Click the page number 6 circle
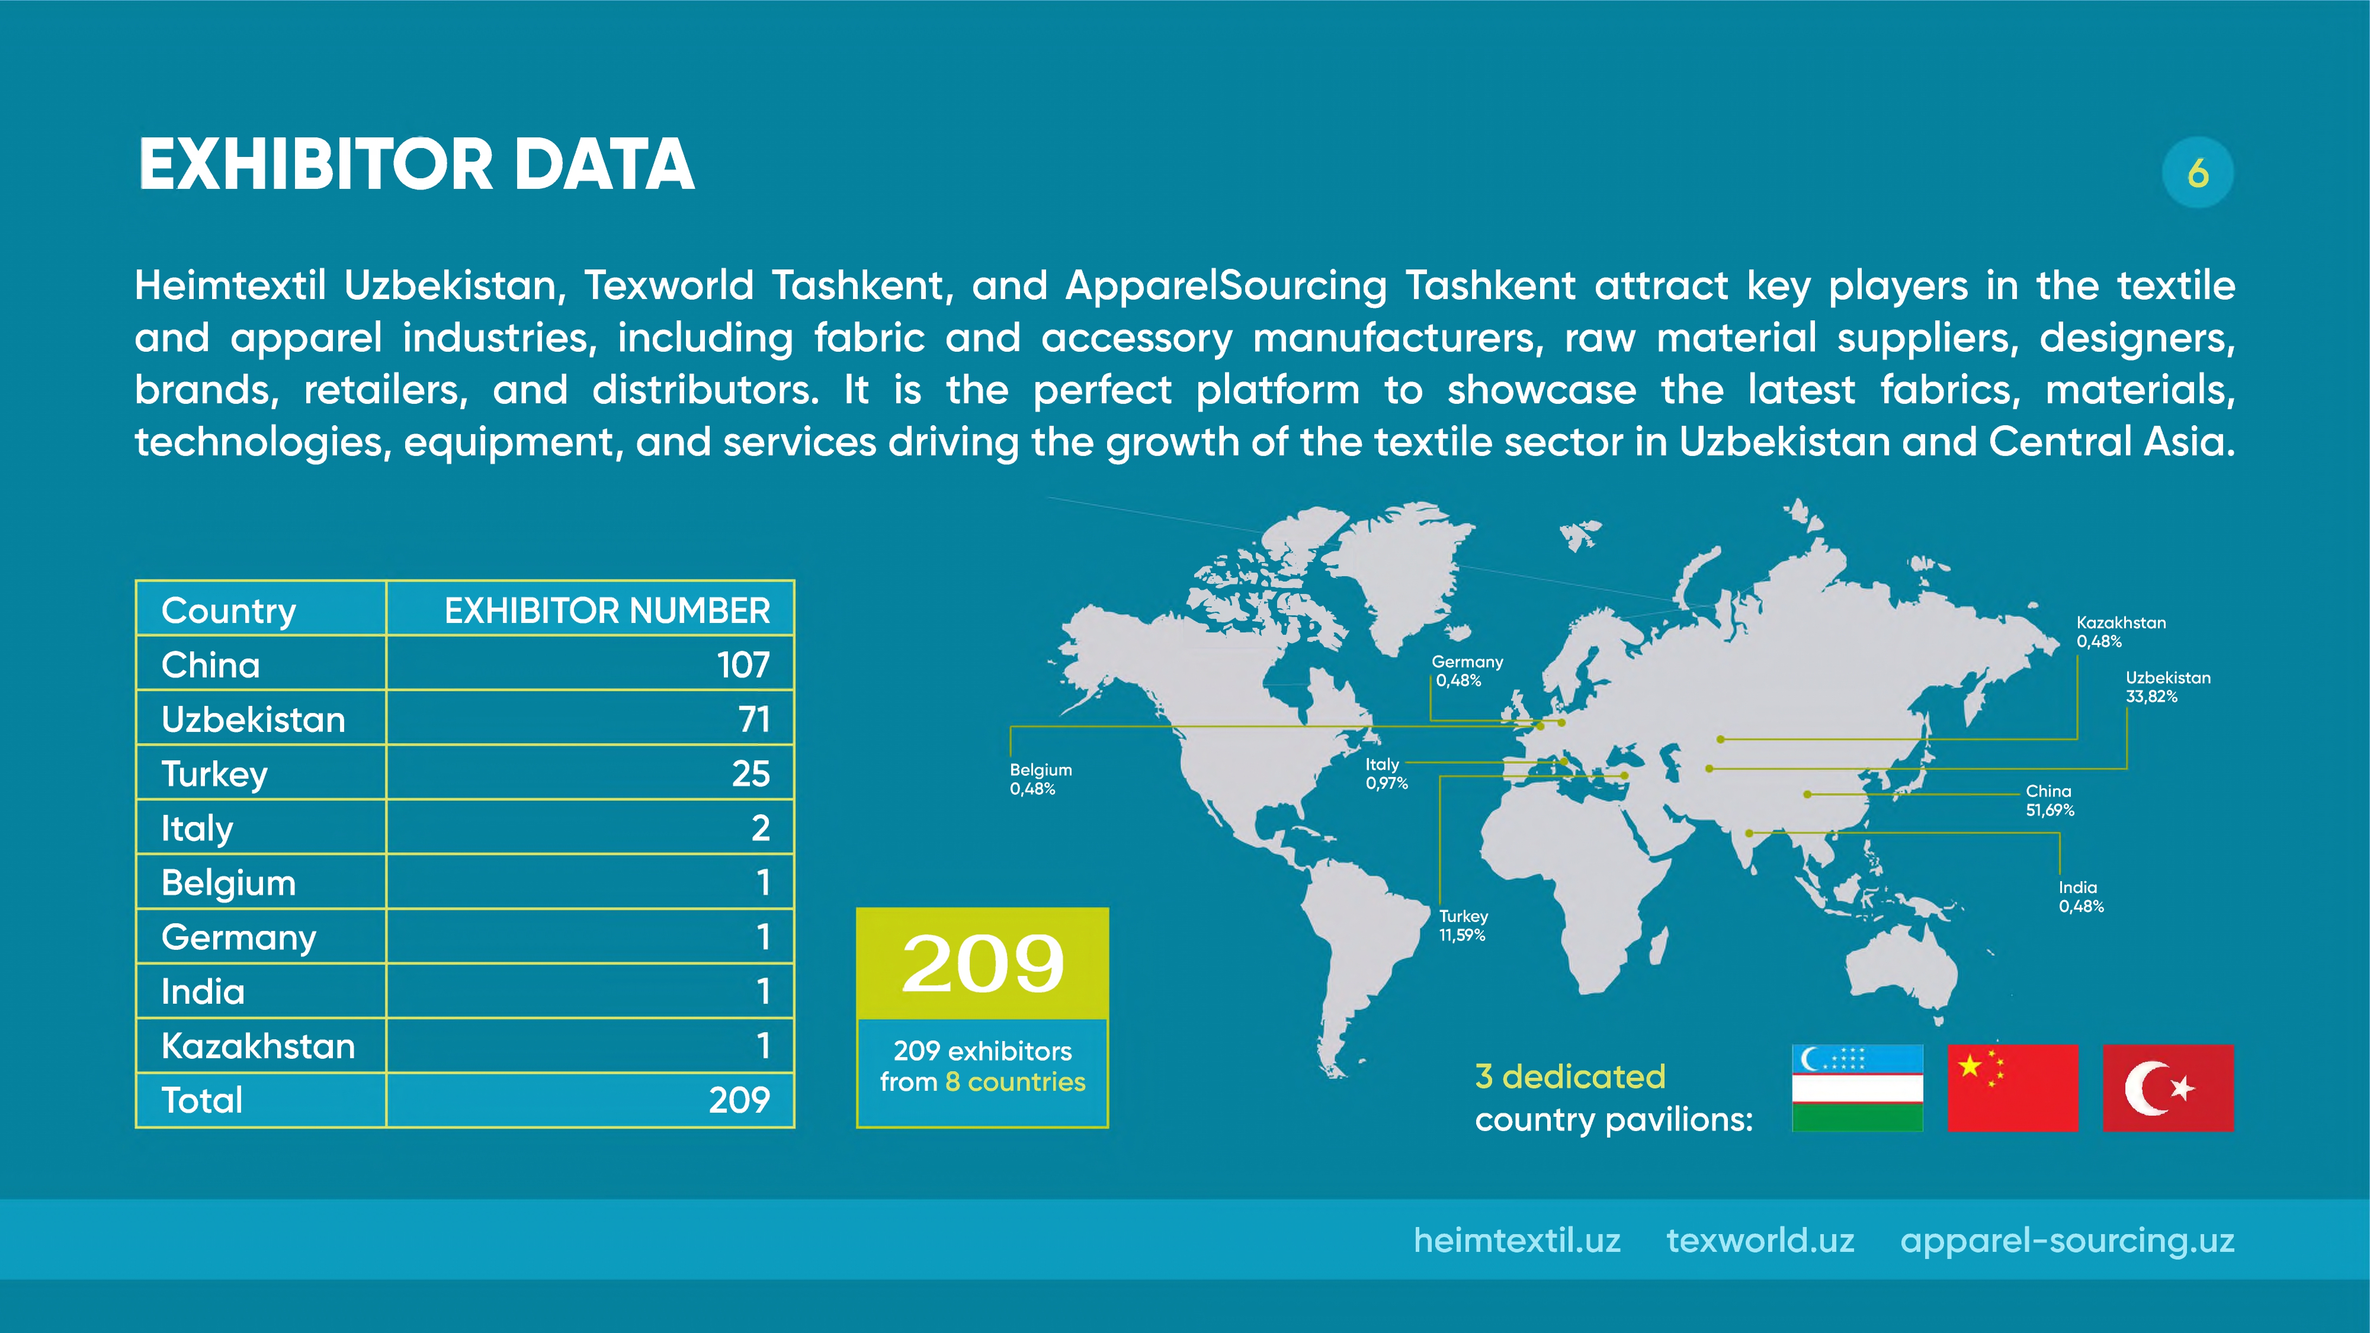click(x=2197, y=172)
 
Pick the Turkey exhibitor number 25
click(x=751, y=773)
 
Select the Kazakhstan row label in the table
click(x=258, y=1046)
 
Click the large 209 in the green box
click(x=983, y=963)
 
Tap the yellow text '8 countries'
click(x=1015, y=1082)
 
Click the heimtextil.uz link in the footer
click(x=1516, y=1240)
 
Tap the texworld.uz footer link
click(x=1759, y=1240)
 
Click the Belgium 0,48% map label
click(x=1041, y=779)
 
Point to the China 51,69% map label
click(x=2049, y=801)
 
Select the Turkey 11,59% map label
click(x=1463, y=926)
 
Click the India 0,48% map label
click(x=2081, y=897)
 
